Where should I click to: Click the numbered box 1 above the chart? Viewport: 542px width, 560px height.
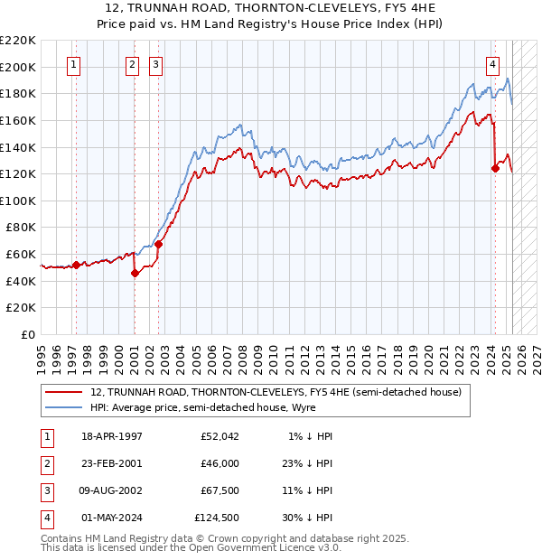[73, 64]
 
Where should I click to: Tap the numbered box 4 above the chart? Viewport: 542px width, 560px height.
[493, 64]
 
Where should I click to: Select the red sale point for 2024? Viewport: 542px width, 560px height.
[495, 167]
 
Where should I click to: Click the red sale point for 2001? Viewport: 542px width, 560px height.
[135, 273]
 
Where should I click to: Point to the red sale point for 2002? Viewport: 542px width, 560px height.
[158, 244]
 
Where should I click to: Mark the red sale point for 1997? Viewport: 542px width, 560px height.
[76, 265]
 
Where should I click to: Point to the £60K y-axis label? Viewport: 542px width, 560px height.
[22, 255]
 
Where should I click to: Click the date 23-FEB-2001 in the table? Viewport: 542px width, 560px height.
[112, 463]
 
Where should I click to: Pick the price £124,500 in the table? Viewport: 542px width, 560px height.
[217, 518]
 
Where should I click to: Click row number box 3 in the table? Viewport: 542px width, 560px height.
[44, 490]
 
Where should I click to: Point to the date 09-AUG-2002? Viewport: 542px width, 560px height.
[113, 490]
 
